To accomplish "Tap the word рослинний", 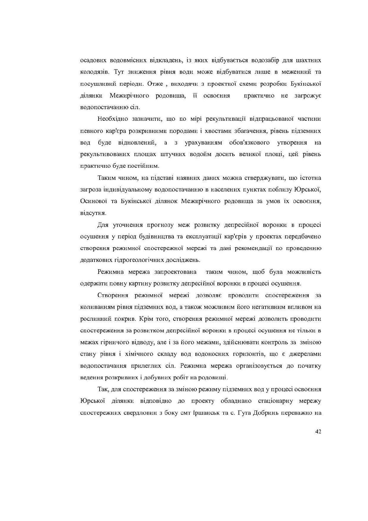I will [96, 319].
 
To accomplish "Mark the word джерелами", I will [306, 354].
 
